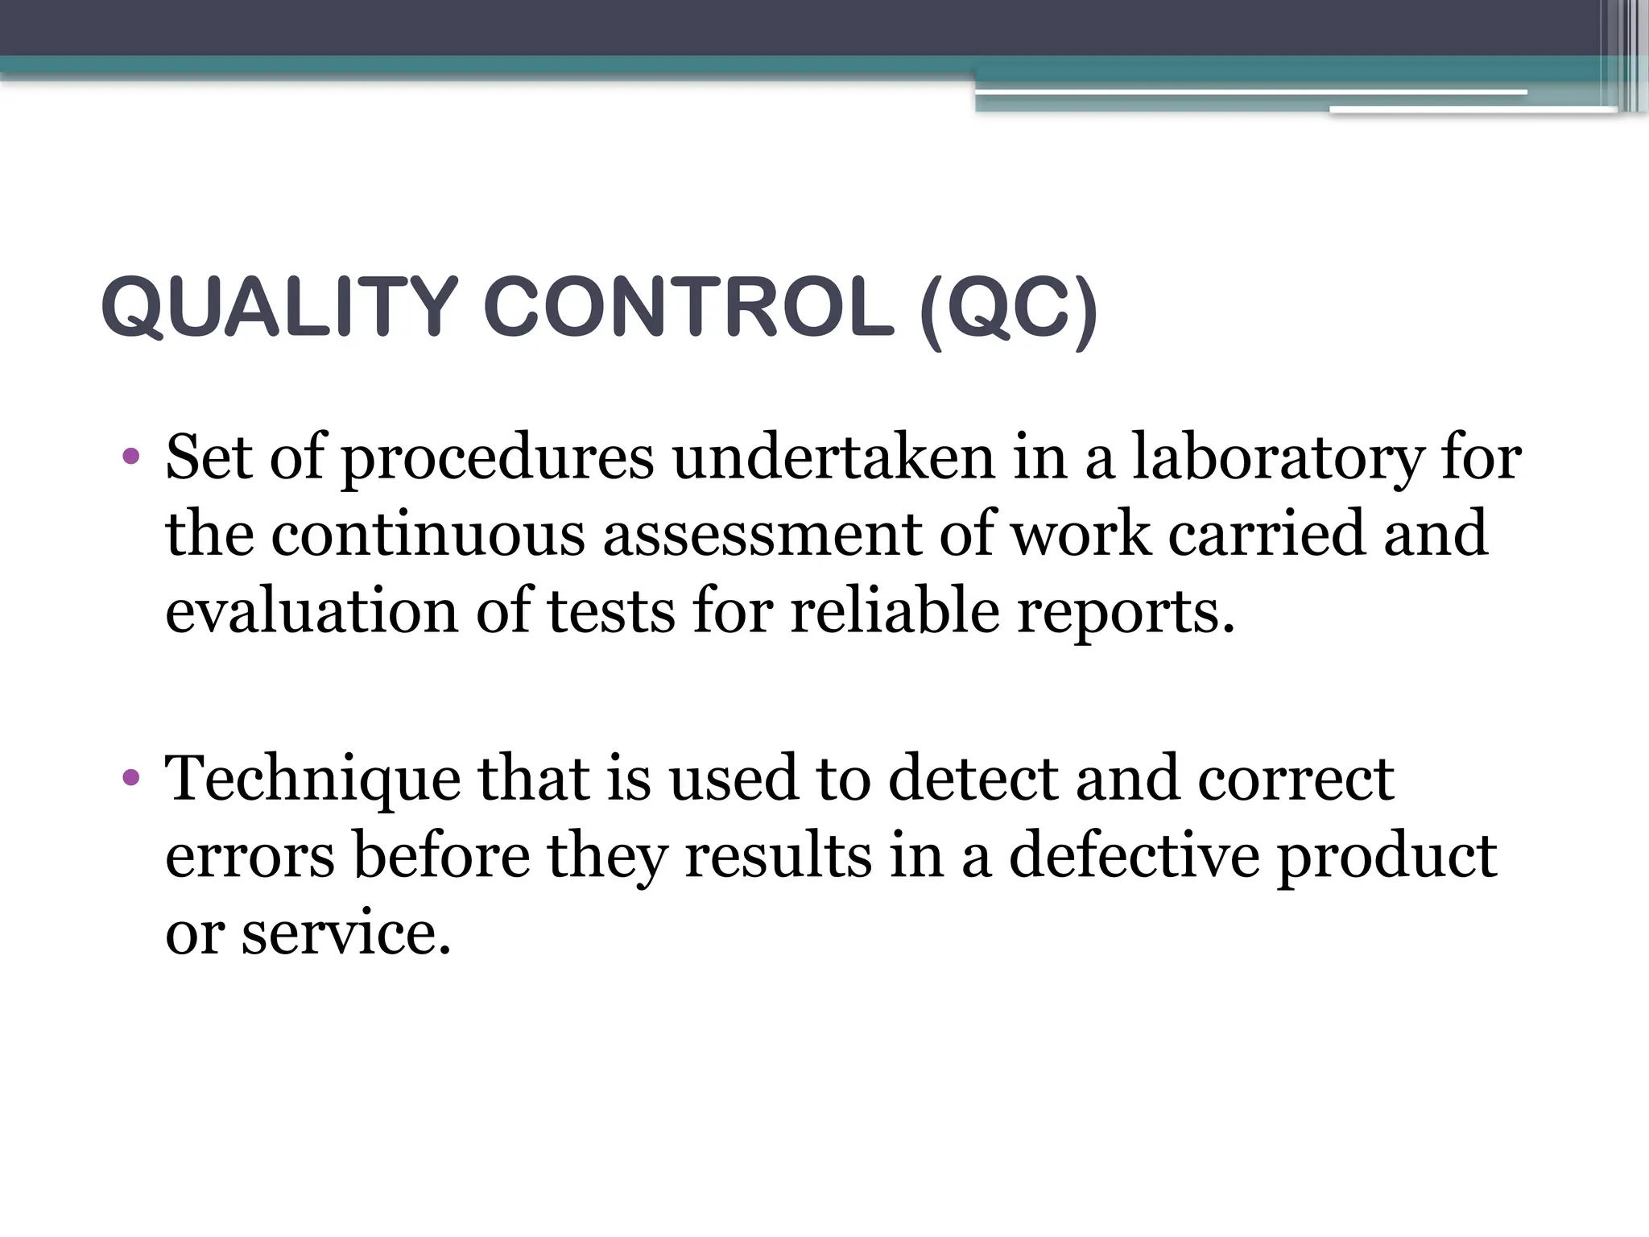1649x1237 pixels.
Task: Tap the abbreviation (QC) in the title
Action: point(1008,309)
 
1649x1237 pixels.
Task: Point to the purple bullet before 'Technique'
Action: point(131,778)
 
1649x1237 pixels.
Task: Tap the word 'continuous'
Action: point(428,534)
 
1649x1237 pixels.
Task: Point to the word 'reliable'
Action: point(894,611)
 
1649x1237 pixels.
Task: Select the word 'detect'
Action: point(973,778)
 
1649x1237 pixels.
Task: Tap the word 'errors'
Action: point(250,856)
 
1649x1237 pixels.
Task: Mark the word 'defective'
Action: point(1134,855)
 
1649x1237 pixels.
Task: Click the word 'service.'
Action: point(345,933)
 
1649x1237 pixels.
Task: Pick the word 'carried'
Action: point(1267,534)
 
